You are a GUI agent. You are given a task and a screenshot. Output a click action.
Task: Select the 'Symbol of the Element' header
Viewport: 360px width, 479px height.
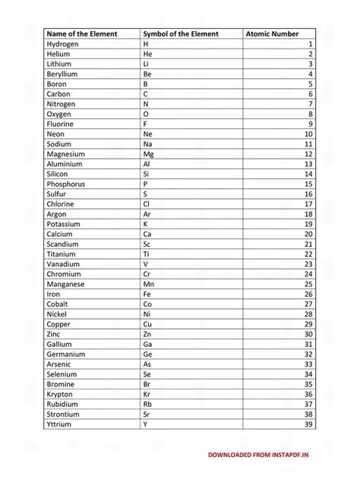coord(180,34)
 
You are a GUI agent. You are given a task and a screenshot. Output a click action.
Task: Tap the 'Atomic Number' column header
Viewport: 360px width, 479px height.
coord(272,34)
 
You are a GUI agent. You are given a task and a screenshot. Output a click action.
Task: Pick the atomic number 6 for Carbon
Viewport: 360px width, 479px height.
coord(311,94)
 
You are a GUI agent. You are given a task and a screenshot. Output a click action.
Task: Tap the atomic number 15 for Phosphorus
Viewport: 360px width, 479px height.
coord(308,184)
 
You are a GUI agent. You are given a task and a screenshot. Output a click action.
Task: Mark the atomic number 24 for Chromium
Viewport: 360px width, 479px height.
coord(308,274)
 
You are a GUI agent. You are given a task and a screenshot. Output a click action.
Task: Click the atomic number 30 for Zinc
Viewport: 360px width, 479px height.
coord(308,334)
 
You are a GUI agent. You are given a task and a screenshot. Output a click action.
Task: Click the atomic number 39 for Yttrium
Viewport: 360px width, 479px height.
coord(308,424)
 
